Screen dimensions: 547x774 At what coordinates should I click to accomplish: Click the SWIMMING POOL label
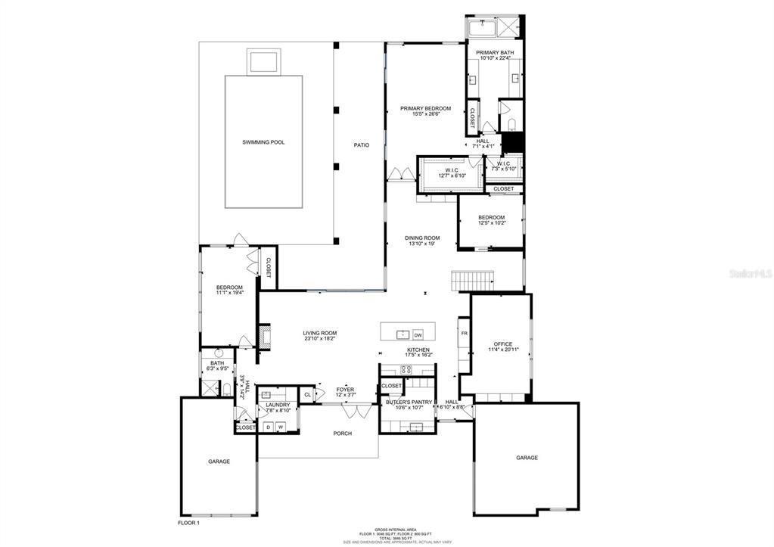point(263,142)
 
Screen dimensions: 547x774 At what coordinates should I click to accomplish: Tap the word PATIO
point(362,145)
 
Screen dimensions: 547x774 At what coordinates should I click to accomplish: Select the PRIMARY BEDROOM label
point(425,108)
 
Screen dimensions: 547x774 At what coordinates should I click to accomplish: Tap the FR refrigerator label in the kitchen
point(464,333)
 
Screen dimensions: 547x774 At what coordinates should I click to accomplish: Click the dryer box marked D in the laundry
point(267,427)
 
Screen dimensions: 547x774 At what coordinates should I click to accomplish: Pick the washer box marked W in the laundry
point(280,427)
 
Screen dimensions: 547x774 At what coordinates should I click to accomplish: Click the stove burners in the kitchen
point(406,369)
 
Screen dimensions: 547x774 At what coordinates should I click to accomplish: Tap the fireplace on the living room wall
point(264,336)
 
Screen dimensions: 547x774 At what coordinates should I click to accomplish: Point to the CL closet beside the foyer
point(307,394)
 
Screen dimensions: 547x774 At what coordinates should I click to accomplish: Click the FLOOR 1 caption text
point(188,523)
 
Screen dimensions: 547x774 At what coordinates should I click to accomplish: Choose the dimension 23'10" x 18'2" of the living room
point(320,339)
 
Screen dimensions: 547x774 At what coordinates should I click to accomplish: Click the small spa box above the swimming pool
point(263,60)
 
